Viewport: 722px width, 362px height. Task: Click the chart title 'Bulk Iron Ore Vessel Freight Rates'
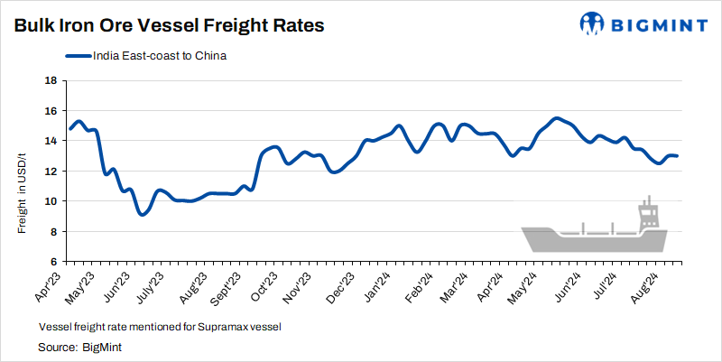point(169,26)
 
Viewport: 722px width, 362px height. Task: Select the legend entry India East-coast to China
point(159,56)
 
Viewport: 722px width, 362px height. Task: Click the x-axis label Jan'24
point(380,284)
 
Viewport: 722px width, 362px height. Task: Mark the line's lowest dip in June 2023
point(142,214)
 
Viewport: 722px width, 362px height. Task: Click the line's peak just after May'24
point(557,118)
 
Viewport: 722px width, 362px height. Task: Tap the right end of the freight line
point(678,156)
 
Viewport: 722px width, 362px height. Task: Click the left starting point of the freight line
point(70,128)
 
